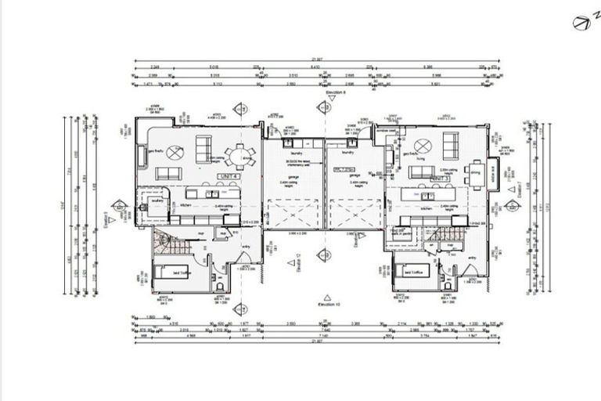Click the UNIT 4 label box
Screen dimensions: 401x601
[229, 178]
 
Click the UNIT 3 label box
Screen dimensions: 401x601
[440, 179]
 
